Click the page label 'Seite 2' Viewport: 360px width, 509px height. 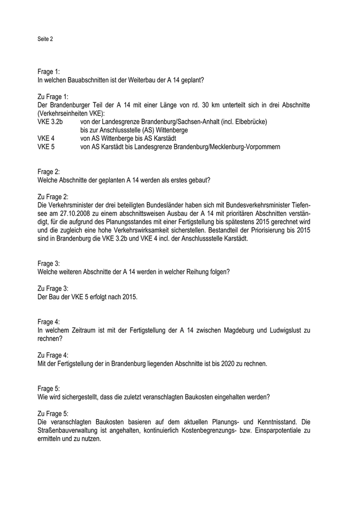pyautogui.click(x=45, y=39)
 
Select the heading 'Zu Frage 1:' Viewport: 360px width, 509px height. pyautogui.click(x=53, y=96)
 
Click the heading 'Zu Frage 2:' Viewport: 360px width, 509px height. pyautogui.click(x=53, y=197)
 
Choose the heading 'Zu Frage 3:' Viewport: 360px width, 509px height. pyautogui.click(x=53, y=288)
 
